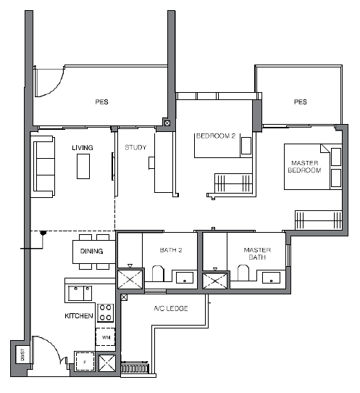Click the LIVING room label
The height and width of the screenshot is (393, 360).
point(83,148)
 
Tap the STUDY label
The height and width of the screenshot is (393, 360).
point(135,147)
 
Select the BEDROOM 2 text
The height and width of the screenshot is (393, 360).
point(216,136)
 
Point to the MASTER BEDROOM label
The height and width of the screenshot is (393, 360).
point(305,167)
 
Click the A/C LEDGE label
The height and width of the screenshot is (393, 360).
point(171,308)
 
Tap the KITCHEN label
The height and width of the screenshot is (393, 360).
point(79,316)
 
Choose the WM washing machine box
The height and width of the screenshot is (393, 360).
point(106,337)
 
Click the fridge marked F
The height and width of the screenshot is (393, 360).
point(85,361)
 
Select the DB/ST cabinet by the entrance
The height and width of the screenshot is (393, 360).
point(22,355)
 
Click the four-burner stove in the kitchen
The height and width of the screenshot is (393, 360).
point(106,313)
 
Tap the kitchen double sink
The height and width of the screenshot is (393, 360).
point(80,293)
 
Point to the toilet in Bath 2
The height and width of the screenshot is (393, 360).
point(158,273)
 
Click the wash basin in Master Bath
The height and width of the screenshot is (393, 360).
point(271,278)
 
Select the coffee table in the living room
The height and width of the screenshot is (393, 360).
point(83,166)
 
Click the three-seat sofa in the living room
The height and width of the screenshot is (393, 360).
point(43,167)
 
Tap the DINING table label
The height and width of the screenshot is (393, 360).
point(91,251)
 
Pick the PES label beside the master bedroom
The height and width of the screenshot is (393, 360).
point(300,102)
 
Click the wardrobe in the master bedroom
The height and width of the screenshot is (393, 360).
point(319,220)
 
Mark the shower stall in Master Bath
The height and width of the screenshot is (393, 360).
point(215,281)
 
